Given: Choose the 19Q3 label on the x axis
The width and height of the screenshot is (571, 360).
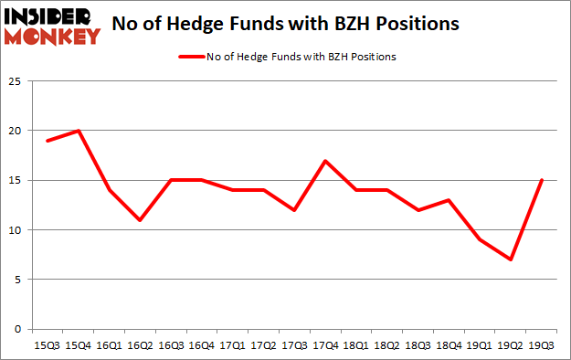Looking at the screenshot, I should tap(542, 345).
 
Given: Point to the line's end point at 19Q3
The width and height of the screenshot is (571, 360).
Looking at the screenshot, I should tap(542, 180).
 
